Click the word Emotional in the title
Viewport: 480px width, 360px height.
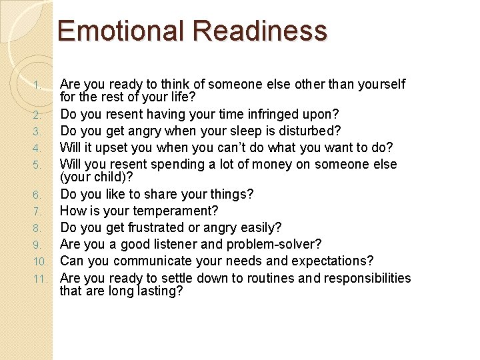tap(121, 31)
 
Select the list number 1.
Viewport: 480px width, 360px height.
tap(38, 85)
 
